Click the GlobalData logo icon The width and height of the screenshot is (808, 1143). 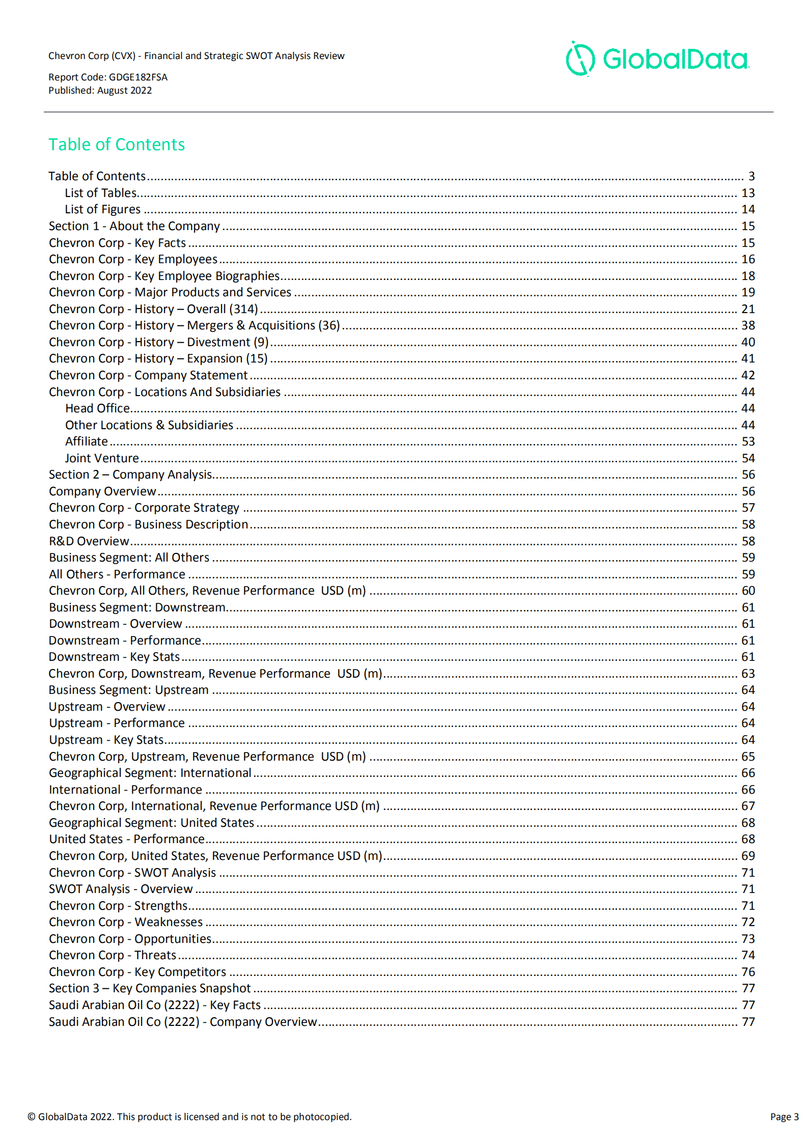click(580, 59)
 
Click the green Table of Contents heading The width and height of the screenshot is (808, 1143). click(117, 145)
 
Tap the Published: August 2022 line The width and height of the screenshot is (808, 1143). click(100, 91)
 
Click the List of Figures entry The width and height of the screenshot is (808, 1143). click(102, 209)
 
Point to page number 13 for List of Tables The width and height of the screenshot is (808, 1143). click(747, 193)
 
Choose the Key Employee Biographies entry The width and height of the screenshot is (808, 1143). click(164, 276)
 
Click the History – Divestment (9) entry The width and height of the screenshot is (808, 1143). click(158, 342)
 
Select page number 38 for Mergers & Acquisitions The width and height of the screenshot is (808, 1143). click(747, 325)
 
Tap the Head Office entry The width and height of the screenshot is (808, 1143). click(98, 408)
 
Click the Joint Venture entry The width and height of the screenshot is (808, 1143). click(102, 458)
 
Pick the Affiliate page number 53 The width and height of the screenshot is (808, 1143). click(747, 441)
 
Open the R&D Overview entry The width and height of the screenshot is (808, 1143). click(89, 541)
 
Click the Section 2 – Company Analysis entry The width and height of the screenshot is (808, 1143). click(130, 475)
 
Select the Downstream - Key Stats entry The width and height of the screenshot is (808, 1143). click(114, 657)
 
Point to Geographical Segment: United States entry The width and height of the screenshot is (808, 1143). click(151, 823)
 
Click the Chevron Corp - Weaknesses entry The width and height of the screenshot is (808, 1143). click(126, 922)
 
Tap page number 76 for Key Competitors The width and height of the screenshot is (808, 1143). click(747, 972)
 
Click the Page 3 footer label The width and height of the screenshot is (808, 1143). click(784, 1117)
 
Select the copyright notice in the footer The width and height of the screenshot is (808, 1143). click(189, 1117)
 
